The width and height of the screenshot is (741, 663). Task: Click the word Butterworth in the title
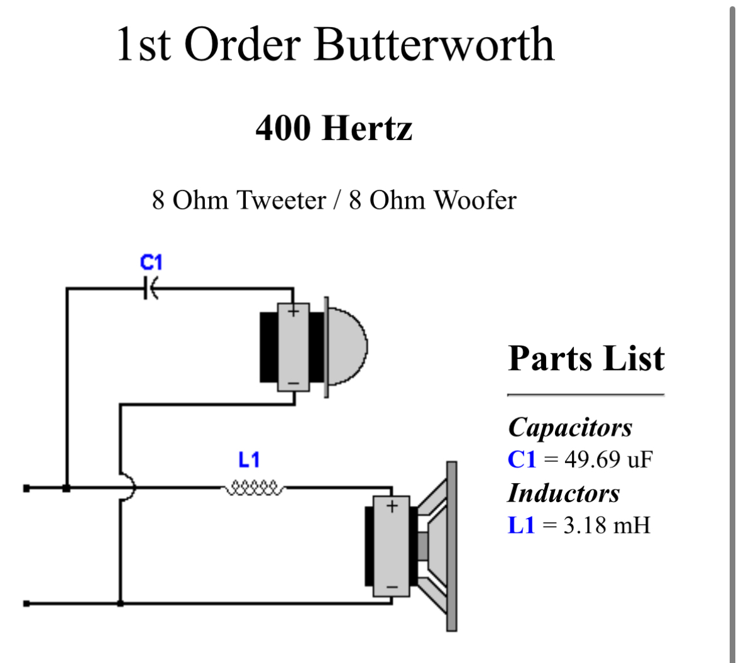(434, 45)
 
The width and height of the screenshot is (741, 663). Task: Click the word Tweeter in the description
(281, 200)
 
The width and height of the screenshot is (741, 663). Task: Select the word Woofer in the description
(475, 200)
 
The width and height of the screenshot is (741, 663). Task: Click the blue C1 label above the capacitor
(151, 262)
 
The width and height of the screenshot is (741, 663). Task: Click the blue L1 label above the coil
(249, 460)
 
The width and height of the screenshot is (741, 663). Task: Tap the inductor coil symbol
(254, 487)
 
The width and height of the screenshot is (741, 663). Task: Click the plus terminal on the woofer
(392, 506)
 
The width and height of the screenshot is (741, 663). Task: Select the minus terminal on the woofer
(392, 588)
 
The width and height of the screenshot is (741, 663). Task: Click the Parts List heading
(586, 358)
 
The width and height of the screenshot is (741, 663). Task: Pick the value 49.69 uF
(608, 459)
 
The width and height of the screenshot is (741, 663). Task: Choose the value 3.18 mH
(607, 525)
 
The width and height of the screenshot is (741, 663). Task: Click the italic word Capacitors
(570, 427)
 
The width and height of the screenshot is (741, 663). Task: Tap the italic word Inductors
(564, 493)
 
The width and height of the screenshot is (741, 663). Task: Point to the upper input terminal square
(26, 488)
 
